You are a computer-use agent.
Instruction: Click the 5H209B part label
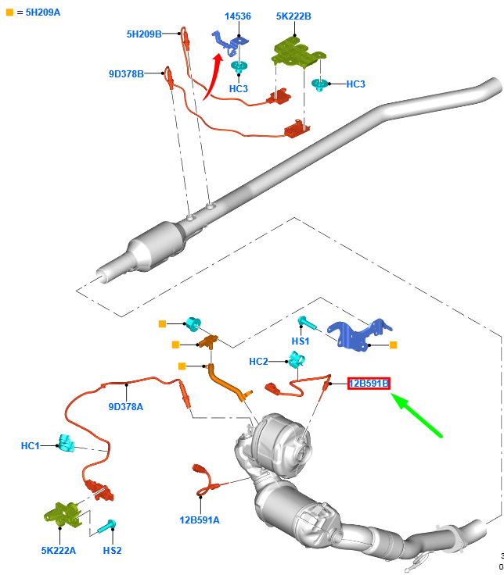(x=144, y=34)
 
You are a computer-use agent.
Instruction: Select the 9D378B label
(x=126, y=74)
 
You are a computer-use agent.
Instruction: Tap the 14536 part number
(x=238, y=15)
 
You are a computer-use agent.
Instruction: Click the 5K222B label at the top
(x=293, y=15)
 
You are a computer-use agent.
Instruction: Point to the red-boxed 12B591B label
(x=369, y=383)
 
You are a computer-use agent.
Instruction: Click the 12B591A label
(x=199, y=520)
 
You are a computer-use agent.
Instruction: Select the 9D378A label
(x=126, y=406)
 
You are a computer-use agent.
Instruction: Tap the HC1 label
(x=31, y=445)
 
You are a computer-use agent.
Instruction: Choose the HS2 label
(x=113, y=550)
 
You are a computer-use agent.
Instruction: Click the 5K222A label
(x=59, y=550)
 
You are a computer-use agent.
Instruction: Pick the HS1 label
(x=301, y=341)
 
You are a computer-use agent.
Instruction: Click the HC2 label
(x=258, y=362)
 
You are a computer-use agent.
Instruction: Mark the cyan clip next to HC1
(x=65, y=445)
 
